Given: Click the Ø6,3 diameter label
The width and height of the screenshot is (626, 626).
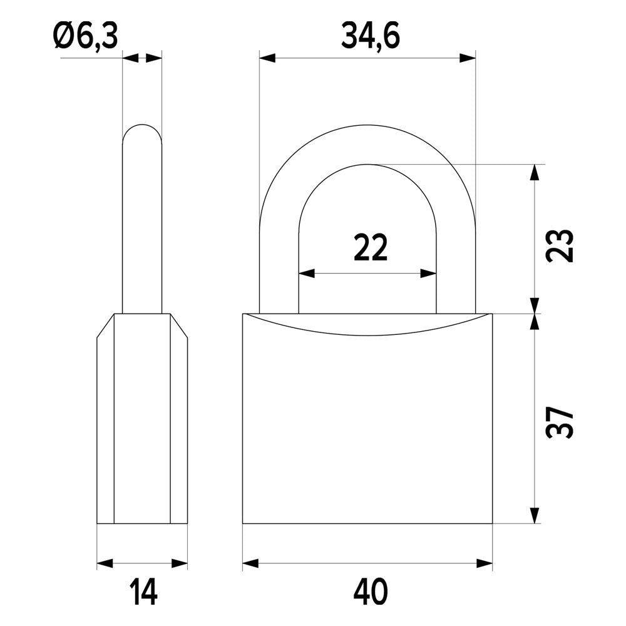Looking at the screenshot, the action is point(86,37).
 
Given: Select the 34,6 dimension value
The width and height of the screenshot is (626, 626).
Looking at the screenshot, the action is point(371,37).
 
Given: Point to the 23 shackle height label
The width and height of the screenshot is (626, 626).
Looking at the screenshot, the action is point(560,245).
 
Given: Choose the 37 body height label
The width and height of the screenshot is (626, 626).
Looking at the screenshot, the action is point(560,423).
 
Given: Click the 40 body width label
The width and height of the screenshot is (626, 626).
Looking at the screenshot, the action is point(371,592).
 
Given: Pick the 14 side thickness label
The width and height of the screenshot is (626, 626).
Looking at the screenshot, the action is point(143,592).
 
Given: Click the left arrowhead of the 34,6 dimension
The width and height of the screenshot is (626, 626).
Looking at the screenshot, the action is point(267,58).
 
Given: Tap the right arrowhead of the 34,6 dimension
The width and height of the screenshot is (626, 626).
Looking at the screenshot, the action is point(468,58).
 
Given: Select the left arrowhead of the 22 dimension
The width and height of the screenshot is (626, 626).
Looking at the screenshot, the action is point(307,274).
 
